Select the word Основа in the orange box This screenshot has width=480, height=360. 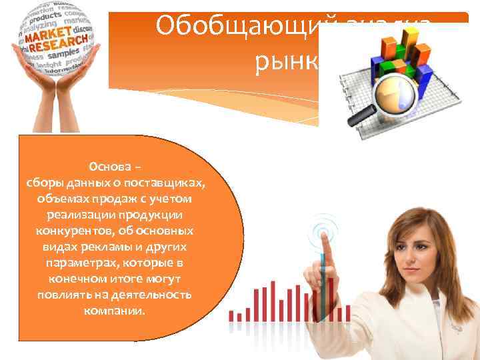click(x=109, y=166)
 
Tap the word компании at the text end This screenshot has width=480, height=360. click(x=114, y=311)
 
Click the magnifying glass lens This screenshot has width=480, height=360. click(x=394, y=93)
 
